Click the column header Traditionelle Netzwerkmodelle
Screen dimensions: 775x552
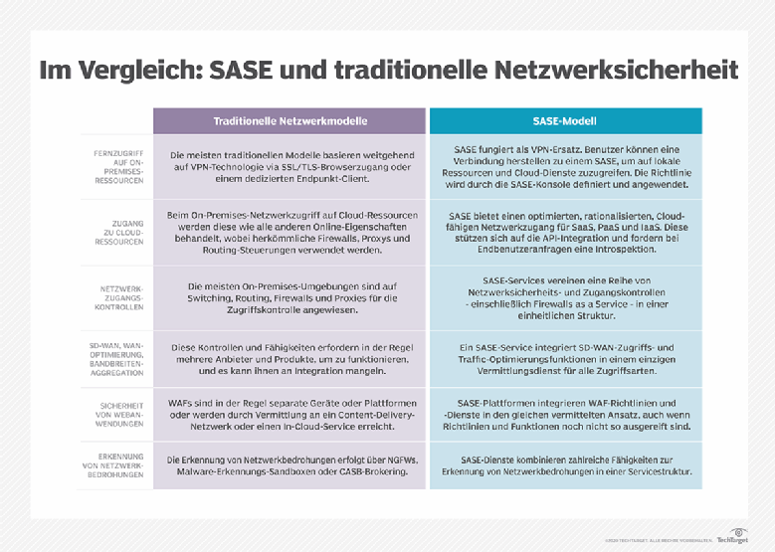click(x=291, y=120)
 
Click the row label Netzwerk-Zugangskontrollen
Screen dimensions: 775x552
click(x=117, y=295)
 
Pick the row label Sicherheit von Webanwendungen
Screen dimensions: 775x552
click(x=117, y=414)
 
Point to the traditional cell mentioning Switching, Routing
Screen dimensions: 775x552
click(x=291, y=295)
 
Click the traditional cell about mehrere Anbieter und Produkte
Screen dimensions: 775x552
click(x=291, y=357)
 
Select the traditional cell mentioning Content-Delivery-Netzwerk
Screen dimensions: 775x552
click(x=291, y=414)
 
